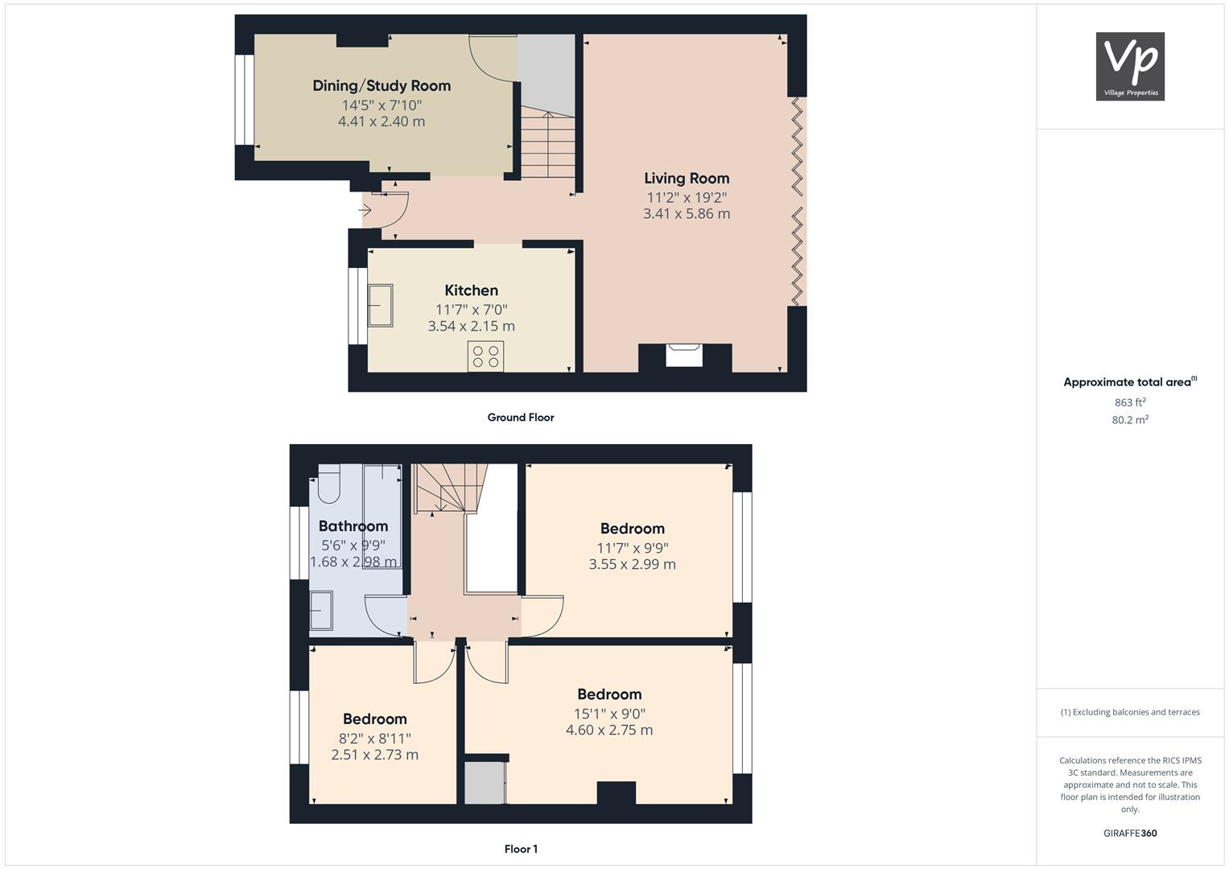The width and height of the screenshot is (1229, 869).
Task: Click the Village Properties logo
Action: (1130, 66)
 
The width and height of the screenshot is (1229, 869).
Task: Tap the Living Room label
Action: (687, 179)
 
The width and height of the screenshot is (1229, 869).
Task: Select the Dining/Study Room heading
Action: (381, 86)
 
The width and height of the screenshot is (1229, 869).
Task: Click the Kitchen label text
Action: (471, 290)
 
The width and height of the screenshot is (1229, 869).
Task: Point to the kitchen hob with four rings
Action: (485, 356)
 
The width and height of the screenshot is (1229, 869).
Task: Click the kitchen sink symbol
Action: (381, 306)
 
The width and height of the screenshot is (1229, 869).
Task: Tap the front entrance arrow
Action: (365, 211)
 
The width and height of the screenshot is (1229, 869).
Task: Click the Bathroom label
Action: (353, 526)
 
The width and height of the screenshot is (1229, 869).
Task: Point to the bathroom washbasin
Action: (321, 611)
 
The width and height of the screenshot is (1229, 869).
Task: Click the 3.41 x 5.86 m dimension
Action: (687, 214)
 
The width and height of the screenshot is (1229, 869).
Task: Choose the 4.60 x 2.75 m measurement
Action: (609, 731)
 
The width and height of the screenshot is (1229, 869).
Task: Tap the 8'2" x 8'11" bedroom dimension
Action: (374, 738)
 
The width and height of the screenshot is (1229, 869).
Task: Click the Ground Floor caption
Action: (521, 418)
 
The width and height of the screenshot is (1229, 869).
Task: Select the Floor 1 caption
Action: (521, 849)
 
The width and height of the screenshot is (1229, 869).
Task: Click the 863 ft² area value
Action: (1130, 402)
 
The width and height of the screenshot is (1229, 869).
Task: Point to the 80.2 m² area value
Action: (1130, 420)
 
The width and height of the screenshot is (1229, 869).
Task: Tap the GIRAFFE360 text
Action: (1130, 834)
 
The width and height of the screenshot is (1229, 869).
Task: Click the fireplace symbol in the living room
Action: (684, 355)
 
